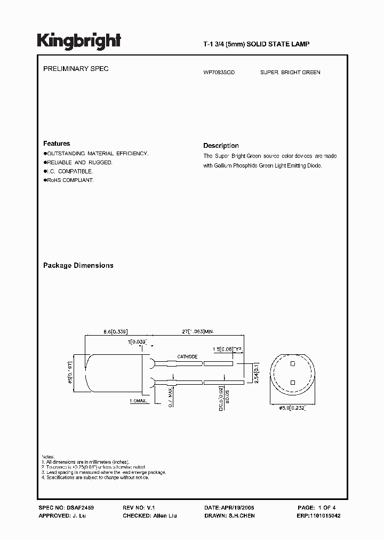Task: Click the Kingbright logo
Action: pos(79,41)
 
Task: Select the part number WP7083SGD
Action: pos(219,72)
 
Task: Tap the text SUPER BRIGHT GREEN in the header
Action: pos(290,72)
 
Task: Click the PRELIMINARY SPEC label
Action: pos(76,69)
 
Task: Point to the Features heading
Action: pos(57,144)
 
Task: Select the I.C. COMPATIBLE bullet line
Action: pos(68,171)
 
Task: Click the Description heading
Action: pos(221,146)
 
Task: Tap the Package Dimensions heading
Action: pos(78,265)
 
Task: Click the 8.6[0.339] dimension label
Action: pos(115,331)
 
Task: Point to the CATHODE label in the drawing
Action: pos(187,356)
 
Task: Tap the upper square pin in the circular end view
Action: pos(293,363)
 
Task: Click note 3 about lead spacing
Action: pos(104,472)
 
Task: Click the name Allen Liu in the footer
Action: pos(165,516)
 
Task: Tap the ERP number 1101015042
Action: pos(327,516)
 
